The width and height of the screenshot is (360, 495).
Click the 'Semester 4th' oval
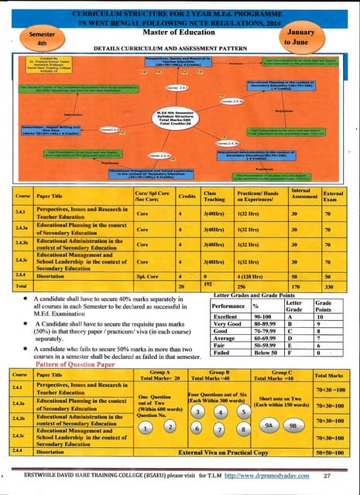(x=39, y=41)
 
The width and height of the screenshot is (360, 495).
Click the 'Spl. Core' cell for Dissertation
(x=145, y=275)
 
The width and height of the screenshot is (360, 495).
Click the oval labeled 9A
(x=268, y=425)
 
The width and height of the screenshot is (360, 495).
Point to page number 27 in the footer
(x=327, y=475)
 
